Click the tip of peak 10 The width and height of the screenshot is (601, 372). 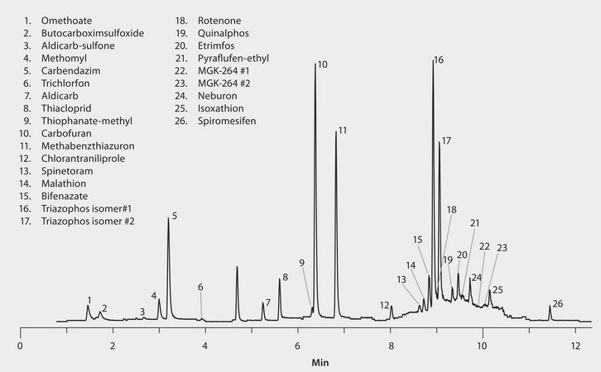[x=315, y=64]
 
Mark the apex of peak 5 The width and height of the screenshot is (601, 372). [x=168, y=219]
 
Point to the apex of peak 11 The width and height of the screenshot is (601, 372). [x=335, y=131]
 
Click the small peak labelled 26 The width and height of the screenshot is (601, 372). [x=550, y=307]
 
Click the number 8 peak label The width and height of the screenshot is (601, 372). [x=285, y=277]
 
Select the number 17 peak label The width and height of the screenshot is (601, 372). [x=446, y=141]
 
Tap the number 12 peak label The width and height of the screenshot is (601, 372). [x=384, y=305]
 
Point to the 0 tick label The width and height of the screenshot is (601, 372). [x=20, y=345]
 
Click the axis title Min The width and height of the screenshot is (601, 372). [x=320, y=361]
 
